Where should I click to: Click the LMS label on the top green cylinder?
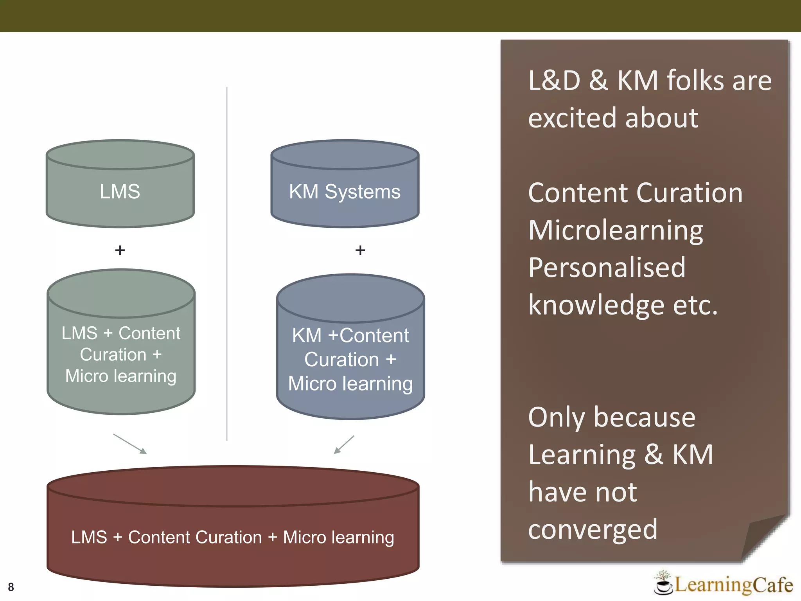click(120, 192)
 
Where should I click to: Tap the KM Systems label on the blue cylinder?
click(345, 192)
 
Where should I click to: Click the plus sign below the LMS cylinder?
click(120, 250)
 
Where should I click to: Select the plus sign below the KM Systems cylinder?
click(360, 250)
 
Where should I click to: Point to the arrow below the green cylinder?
click(130, 444)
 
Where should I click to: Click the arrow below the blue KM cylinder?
click(344, 444)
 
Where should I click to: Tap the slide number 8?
click(11, 587)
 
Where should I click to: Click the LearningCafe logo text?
click(734, 585)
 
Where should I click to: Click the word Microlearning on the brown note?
click(616, 230)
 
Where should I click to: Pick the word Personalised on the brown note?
click(607, 268)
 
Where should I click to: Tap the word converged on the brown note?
click(593, 529)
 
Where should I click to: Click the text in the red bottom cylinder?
click(233, 537)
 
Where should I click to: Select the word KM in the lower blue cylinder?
click(307, 336)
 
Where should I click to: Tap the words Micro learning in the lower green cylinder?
click(121, 376)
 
